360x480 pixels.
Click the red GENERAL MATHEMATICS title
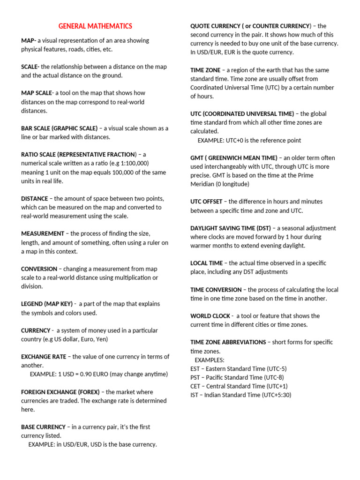tap(95, 26)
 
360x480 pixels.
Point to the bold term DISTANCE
tap(35, 199)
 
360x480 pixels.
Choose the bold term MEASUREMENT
tap(43, 234)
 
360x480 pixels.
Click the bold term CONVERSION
tap(39, 269)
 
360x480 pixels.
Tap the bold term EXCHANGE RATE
tap(44, 357)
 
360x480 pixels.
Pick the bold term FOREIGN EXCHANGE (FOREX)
tap(61, 392)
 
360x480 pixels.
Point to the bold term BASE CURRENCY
tap(43, 427)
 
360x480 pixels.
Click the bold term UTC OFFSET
tap(206, 202)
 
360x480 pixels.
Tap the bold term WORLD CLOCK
tap(210, 316)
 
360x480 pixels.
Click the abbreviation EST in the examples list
tap(195, 369)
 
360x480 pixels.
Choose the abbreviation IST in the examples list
tap(194, 395)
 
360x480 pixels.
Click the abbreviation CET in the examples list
tap(195, 386)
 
